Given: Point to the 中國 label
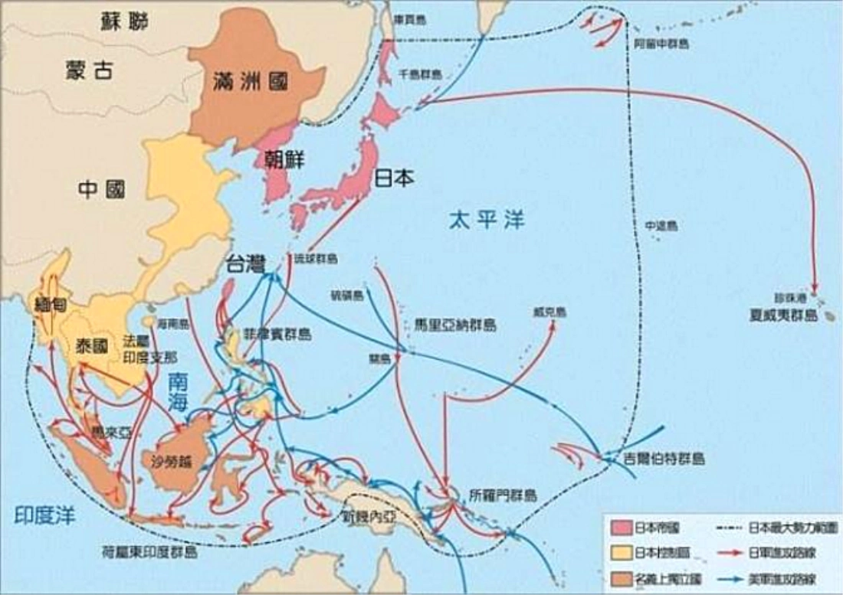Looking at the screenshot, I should [100, 188].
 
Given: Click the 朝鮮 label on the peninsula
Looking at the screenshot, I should [284, 159].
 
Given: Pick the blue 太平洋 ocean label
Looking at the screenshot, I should [487, 219].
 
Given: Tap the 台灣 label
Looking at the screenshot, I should [245, 265].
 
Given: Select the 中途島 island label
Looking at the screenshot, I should [661, 226].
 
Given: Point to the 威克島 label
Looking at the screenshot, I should [549, 312].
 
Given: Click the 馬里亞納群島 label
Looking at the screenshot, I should [454, 325].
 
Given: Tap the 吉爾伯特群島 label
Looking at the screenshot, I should [664, 459].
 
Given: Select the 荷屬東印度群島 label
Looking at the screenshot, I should [149, 551].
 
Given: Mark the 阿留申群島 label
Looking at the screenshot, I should [661, 44].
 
